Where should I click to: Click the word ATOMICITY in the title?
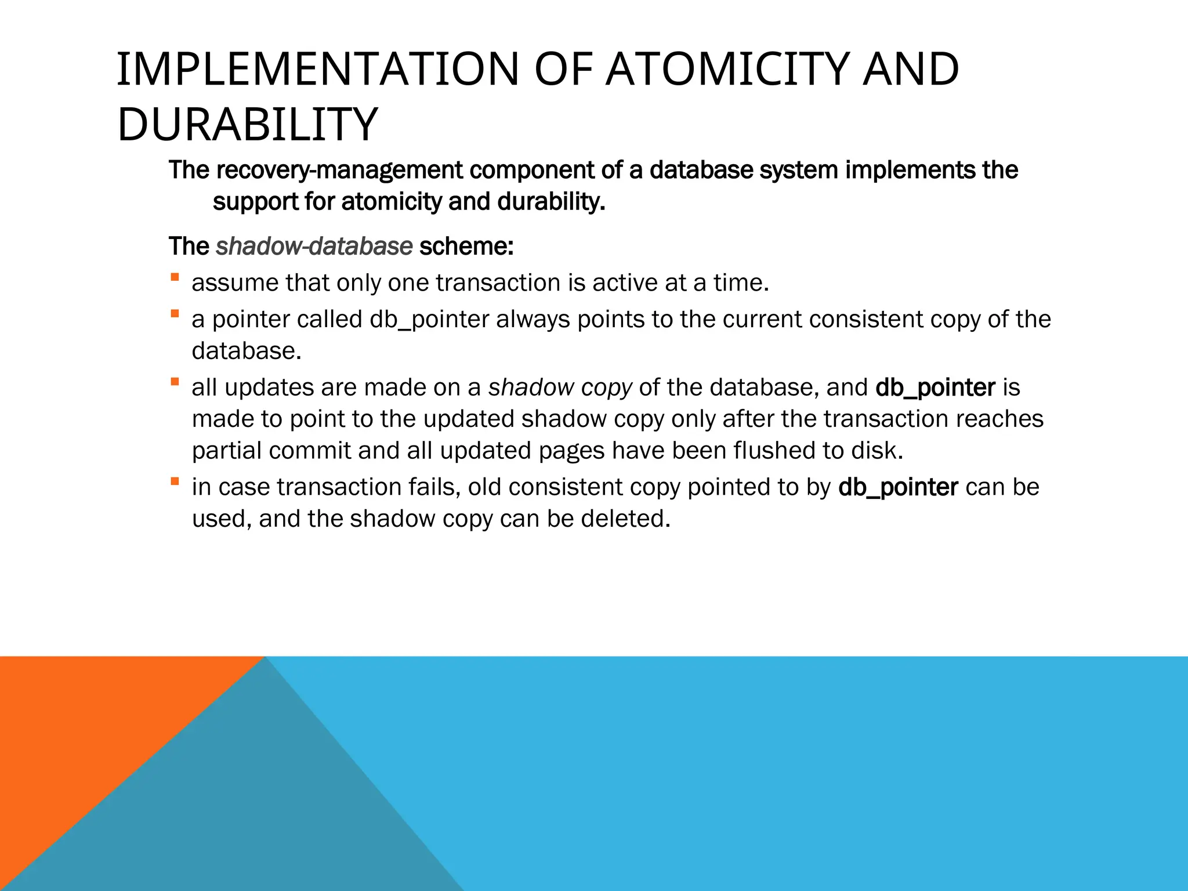[x=727, y=70]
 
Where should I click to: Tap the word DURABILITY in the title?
[x=248, y=125]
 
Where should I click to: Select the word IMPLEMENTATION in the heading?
[x=318, y=70]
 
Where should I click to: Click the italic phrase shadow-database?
[x=314, y=247]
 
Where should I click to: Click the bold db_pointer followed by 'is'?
[x=935, y=387]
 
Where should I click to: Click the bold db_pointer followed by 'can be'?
[x=898, y=487]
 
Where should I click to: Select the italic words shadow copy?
[x=560, y=387]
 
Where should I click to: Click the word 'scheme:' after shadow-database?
[x=466, y=247]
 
